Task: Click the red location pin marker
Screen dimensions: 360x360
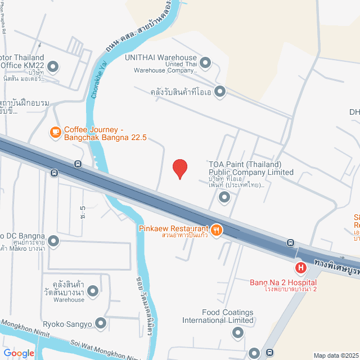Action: (179, 168)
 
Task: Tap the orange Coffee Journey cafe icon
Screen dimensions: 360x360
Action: (55, 132)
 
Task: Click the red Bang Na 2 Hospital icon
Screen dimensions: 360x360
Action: (301, 268)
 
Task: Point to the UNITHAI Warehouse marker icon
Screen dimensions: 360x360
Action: (205, 62)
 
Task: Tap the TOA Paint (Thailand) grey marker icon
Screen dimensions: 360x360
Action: (224, 197)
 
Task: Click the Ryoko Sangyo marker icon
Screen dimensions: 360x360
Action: (101, 323)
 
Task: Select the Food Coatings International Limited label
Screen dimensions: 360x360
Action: (219, 316)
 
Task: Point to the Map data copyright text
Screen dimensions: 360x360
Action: (336, 355)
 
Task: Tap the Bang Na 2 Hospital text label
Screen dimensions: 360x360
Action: (283, 282)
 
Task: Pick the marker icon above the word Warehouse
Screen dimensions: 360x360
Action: (93, 291)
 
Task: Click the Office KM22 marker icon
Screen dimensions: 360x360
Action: (53, 67)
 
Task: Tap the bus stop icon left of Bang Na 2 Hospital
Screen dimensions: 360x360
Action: (290, 243)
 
